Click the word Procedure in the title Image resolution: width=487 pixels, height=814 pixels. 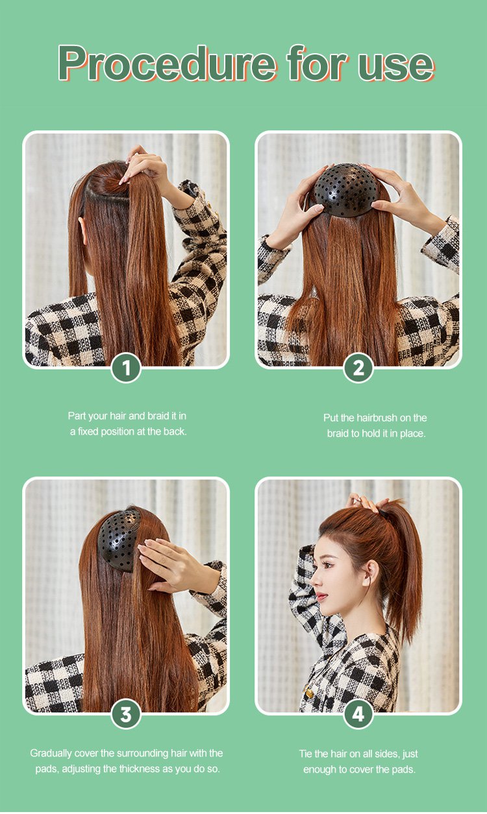167,63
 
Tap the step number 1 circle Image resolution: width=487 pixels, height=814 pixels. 126,368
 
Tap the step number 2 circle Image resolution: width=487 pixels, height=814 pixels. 358,368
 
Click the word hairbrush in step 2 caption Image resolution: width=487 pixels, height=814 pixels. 377,418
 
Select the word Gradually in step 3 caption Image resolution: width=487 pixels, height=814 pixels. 51,753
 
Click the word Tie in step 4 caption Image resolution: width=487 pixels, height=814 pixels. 306,754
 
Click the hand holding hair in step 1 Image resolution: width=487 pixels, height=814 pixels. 145,168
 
